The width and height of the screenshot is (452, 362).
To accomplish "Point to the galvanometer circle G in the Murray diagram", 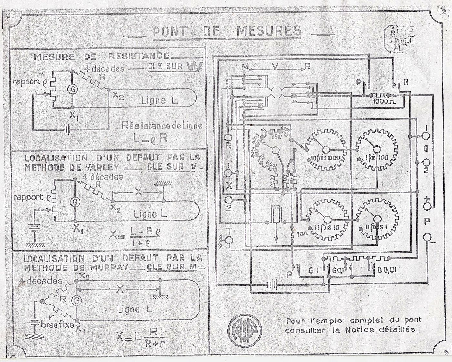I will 77,300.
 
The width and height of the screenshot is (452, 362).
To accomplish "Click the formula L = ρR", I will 151,138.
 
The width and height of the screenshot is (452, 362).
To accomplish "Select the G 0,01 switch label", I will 387,270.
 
